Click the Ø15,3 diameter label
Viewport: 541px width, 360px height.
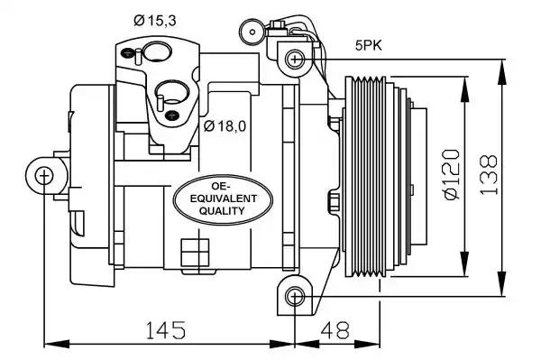[155, 21]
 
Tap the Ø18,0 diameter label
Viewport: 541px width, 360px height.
[225, 126]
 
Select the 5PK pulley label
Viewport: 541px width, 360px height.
[369, 45]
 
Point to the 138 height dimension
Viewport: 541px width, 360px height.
[489, 174]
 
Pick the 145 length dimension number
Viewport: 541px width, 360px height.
[166, 329]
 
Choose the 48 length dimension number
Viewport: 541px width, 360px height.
[335, 329]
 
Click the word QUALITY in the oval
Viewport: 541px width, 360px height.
[222, 210]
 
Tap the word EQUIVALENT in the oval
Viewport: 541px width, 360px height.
[224, 198]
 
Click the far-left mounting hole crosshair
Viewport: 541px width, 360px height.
[44, 176]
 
